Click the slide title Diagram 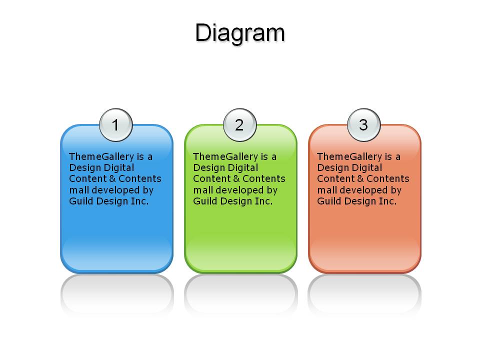[x=240, y=33]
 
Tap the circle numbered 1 [x=115, y=125]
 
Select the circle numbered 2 [x=239, y=125]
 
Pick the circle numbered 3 [x=363, y=125]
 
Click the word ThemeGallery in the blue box [x=101, y=156]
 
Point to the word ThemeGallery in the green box [x=225, y=156]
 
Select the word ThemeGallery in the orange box [x=349, y=156]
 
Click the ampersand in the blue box [x=112, y=179]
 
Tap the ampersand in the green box [x=236, y=179]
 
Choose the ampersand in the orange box [x=360, y=179]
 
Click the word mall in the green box [x=203, y=190]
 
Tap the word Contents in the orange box [x=388, y=179]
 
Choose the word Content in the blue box [x=88, y=179]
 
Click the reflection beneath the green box [x=241, y=294]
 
